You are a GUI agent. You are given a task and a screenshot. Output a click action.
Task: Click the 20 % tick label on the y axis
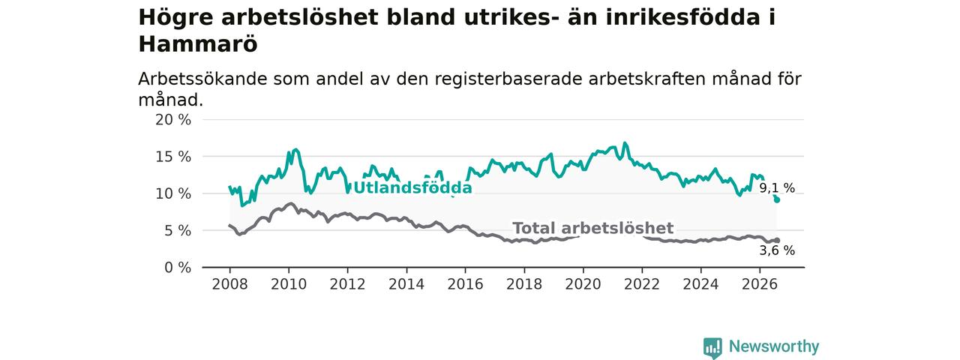click(173, 120)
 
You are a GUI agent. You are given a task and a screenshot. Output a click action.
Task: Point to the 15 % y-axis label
click(173, 157)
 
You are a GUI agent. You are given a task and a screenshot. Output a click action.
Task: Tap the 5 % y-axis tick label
click(178, 231)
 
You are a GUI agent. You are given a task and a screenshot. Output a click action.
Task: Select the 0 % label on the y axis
click(178, 268)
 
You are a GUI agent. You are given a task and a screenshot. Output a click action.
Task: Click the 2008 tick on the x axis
click(229, 284)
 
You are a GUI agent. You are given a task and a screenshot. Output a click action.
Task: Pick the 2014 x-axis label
click(406, 284)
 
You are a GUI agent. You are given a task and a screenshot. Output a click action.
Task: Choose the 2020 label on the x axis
click(583, 284)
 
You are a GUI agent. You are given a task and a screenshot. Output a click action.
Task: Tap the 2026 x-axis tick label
click(760, 284)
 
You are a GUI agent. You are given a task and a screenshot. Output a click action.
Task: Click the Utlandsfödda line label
click(412, 187)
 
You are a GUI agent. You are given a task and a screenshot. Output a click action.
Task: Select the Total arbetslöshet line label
click(593, 228)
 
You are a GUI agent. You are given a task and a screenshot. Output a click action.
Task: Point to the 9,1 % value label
click(777, 187)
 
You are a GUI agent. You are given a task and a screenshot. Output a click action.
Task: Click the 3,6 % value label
click(777, 250)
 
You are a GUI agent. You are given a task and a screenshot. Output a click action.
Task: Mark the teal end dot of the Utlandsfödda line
click(777, 200)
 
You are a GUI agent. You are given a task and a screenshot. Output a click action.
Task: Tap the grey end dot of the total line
click(777, 241)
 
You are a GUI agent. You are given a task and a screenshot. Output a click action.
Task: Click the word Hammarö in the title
click(198, 44)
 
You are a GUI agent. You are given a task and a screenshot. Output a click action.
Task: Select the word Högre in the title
click(175, 18)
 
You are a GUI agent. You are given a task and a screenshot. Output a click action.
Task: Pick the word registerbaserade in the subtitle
click(508, 80)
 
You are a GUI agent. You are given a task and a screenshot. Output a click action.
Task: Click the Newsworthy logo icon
click(712, 347)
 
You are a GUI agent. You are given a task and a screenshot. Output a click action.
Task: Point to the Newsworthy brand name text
click(774, 346)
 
